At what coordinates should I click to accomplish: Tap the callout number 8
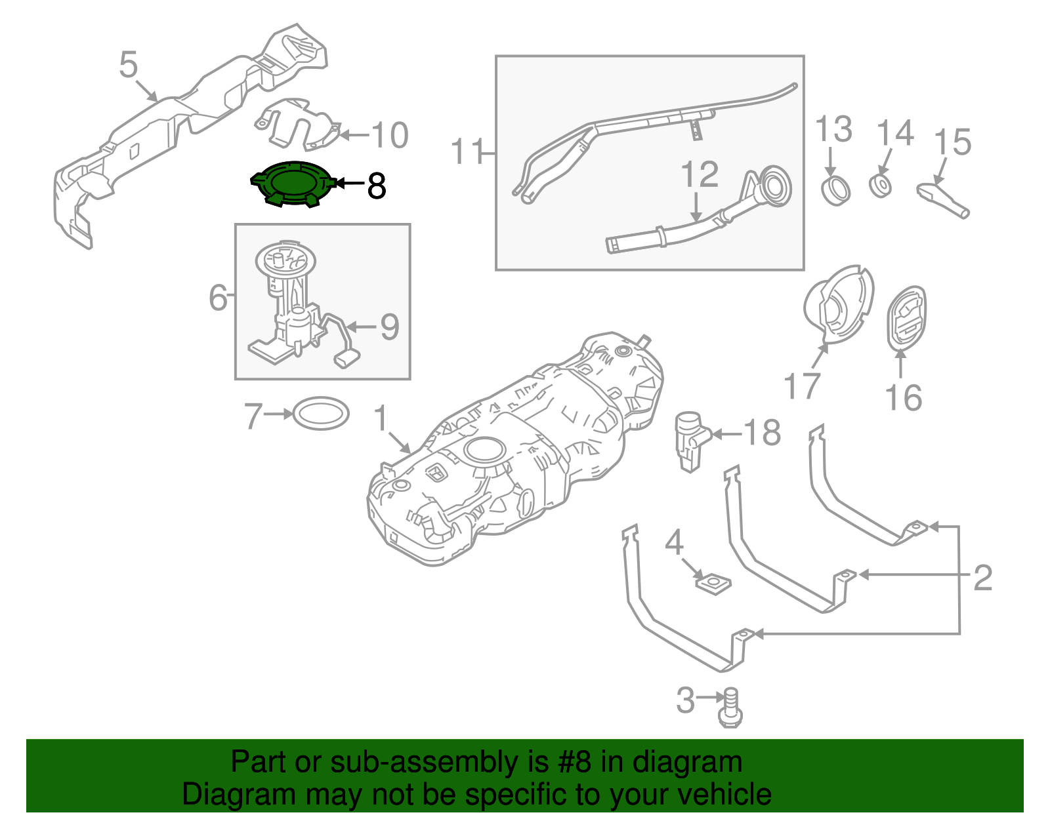[x=376, y=186]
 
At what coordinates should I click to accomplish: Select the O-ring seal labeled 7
[x=320, y=414]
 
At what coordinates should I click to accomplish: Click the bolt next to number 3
[x=730, y=708]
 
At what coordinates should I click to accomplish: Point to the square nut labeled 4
[x=713, y=582]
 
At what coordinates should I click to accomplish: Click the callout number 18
[x=762, y=433]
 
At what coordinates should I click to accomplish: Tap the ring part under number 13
[x=835, y=190]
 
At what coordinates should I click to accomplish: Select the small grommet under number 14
[x=881, y=186]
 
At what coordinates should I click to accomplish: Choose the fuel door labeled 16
[x=906, y=318]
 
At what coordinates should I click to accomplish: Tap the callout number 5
[x=129, y=66]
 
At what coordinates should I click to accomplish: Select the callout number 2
[x=982, y=578]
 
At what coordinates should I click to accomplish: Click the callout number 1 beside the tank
[x=381, y=418]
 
